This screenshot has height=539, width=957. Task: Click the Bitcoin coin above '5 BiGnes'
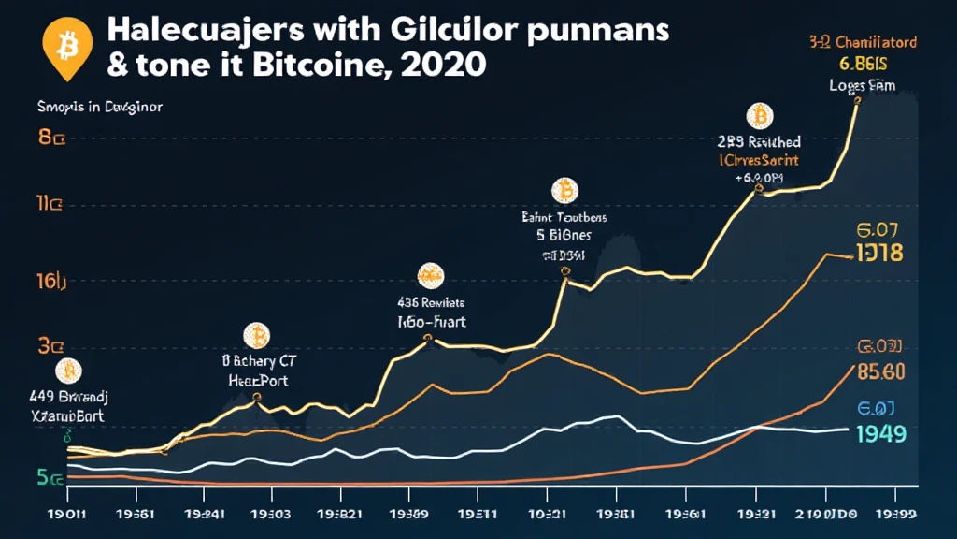(564, 192)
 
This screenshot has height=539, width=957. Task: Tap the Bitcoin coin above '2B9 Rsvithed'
(760, 117)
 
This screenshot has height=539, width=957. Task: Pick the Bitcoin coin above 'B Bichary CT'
(255, 335)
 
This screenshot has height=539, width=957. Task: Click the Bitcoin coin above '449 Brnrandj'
(67, 371)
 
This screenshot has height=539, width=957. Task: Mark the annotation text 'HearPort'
(258, 380)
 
